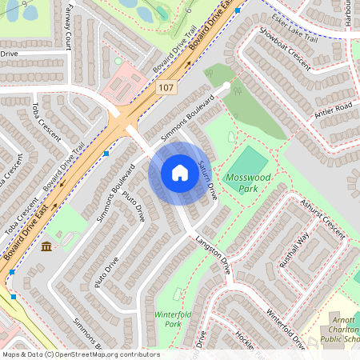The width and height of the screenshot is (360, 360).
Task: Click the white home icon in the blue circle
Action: tap(179, 173)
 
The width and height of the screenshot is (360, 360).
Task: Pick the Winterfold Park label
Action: tap(168, 319)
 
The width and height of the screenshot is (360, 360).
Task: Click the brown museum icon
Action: tap(46, 246)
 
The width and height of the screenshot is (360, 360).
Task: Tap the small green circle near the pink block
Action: tap(118, 61)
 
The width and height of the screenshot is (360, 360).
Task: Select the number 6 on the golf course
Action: tap(188, 11)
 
